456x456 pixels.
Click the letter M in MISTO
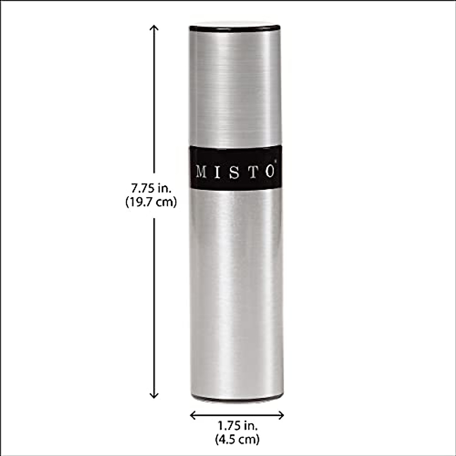coord(202,172)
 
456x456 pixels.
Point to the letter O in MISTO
coord(269,172)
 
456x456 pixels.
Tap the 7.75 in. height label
coord(151,188)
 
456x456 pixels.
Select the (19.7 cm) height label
coord(151,202)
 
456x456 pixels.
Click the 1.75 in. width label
coord(237,426)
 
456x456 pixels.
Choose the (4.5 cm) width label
coord(237,440)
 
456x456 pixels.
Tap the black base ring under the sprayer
coord(236,398)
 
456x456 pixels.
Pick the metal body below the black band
coord(236,293)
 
